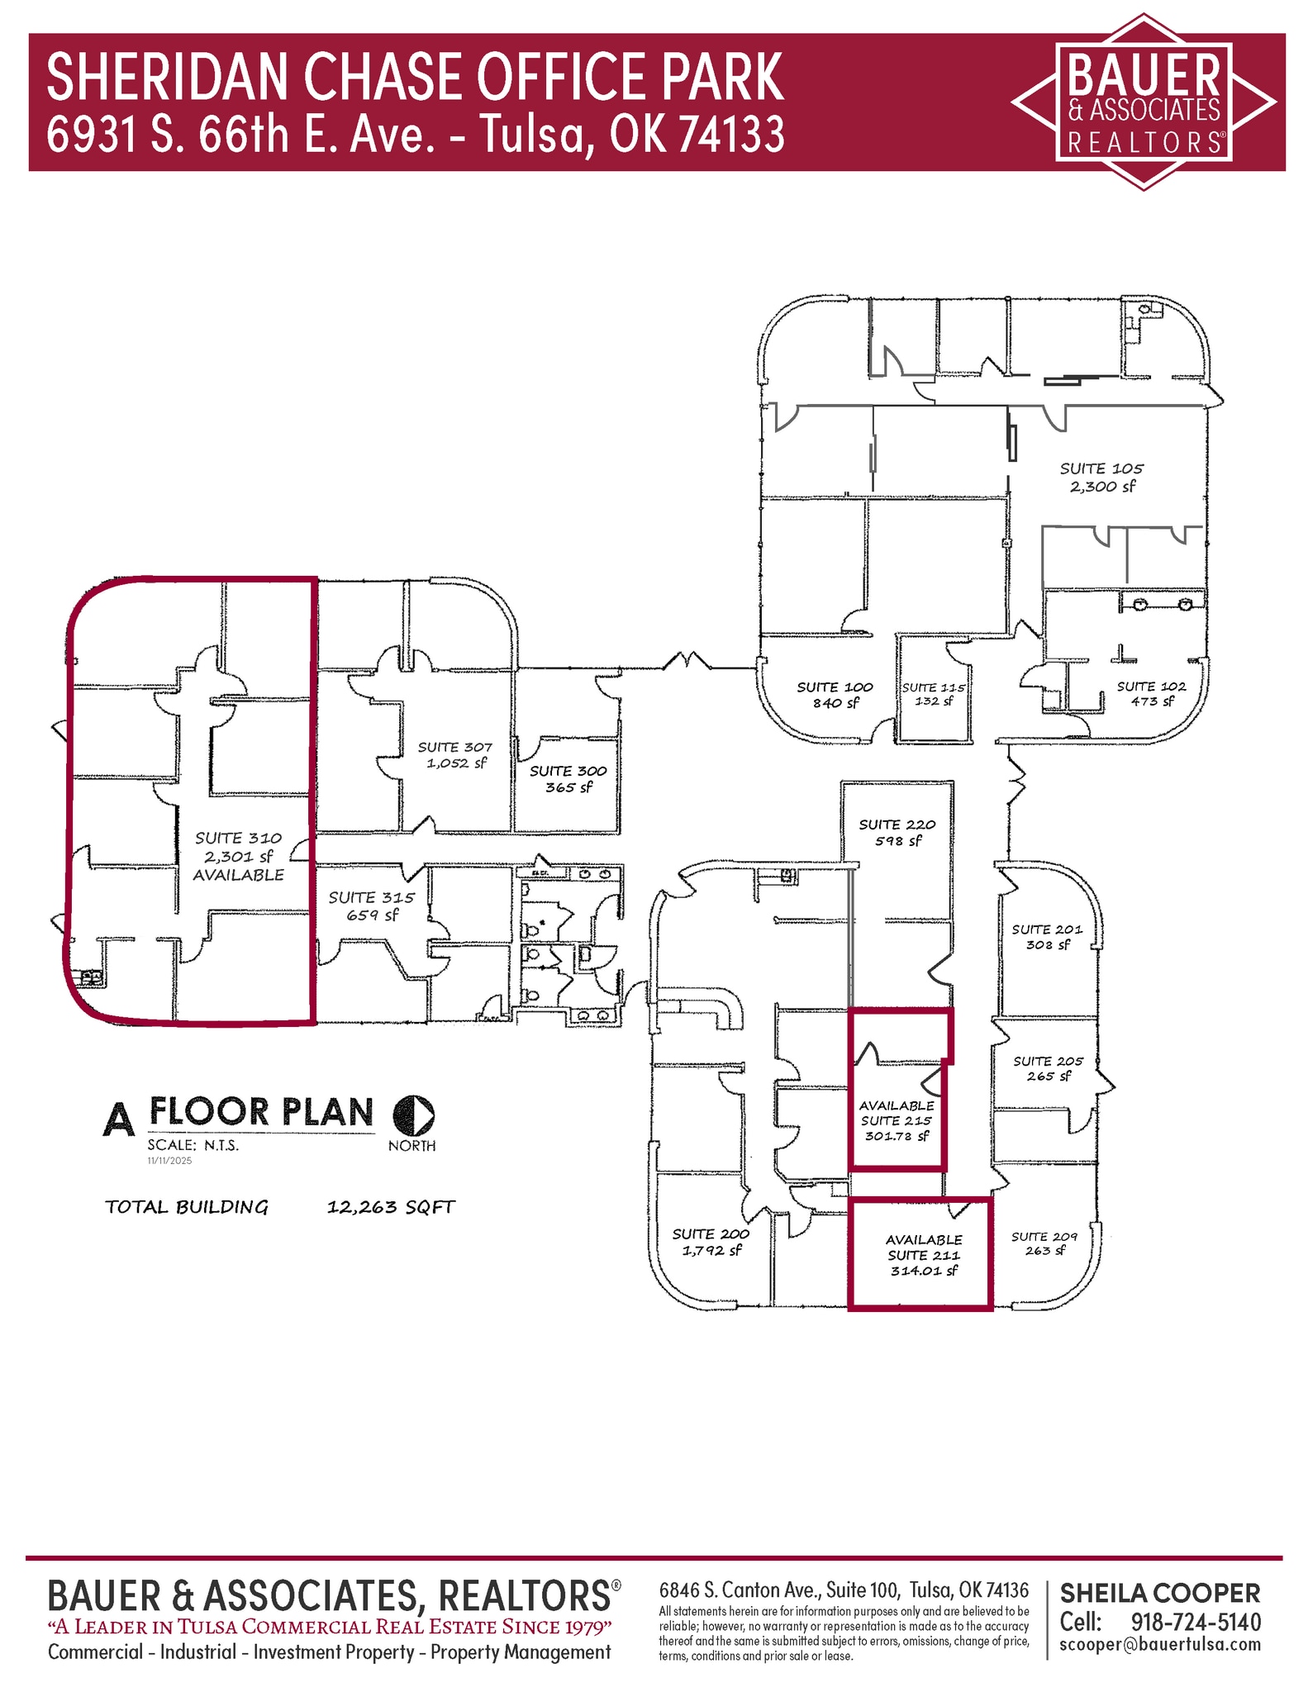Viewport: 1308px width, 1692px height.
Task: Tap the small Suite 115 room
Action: [934, 694]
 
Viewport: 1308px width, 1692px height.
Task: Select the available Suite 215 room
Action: [897, 1120]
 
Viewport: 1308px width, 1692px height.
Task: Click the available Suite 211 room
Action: [923, 1255]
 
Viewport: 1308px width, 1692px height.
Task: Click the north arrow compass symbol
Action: [413, 1115]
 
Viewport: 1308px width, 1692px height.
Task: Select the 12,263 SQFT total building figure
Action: [391, 1207]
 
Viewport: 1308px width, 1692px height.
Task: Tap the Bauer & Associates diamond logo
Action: [1144, 102]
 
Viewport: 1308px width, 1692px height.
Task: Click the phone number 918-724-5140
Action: [1196, 1621]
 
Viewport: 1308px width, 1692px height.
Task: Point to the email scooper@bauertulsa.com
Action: [1160, 1644]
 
